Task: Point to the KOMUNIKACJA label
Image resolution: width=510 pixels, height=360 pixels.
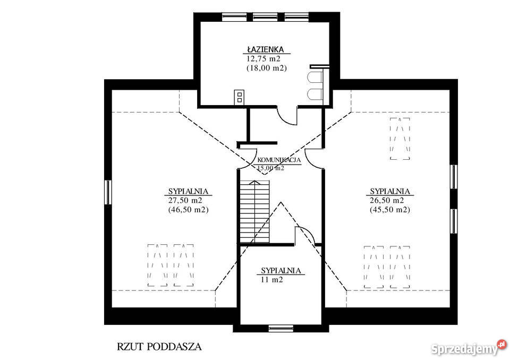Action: click(279, 160)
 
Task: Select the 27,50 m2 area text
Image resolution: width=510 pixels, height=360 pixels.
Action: click(185, 200)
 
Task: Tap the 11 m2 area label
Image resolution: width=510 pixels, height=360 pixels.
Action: click(271, 279)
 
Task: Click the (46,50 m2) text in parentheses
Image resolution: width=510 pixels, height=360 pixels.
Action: click(188, 210)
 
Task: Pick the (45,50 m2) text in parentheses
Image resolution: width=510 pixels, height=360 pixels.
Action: click(389, 210)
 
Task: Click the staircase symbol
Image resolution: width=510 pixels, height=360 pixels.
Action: click(254, 211)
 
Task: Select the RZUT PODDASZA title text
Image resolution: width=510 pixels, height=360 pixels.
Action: click(159, 347)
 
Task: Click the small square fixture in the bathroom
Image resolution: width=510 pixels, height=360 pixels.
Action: click(240, 97)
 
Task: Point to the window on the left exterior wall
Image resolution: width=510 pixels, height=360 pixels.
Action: click(108, 192)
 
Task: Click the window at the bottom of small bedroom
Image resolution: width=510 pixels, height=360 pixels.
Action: click(281, 328)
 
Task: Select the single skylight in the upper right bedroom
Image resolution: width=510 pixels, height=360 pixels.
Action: click(400, 139)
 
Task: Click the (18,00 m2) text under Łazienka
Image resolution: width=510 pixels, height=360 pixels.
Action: click(266, 68)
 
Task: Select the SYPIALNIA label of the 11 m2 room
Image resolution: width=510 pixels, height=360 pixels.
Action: click(281, 270)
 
